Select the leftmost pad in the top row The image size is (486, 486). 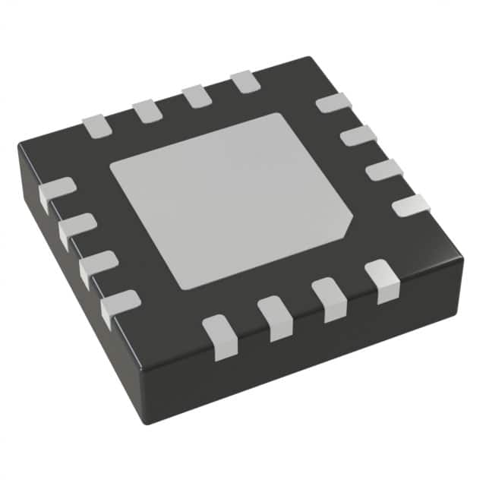[97, 125]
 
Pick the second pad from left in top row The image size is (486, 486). [147, 111]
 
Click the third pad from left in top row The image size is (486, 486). [196, 96]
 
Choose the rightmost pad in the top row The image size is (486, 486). [245, 81]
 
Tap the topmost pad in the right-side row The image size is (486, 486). [332, 103]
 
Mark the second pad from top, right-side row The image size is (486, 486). [358, 136]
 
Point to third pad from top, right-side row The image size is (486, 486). [383, 170]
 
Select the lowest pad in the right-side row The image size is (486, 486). [410, 205]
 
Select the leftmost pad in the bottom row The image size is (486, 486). [220, 336]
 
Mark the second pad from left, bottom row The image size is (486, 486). [275, 317]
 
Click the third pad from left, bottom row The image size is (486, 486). [329, 298]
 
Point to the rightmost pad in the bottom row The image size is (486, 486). [382, 280]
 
